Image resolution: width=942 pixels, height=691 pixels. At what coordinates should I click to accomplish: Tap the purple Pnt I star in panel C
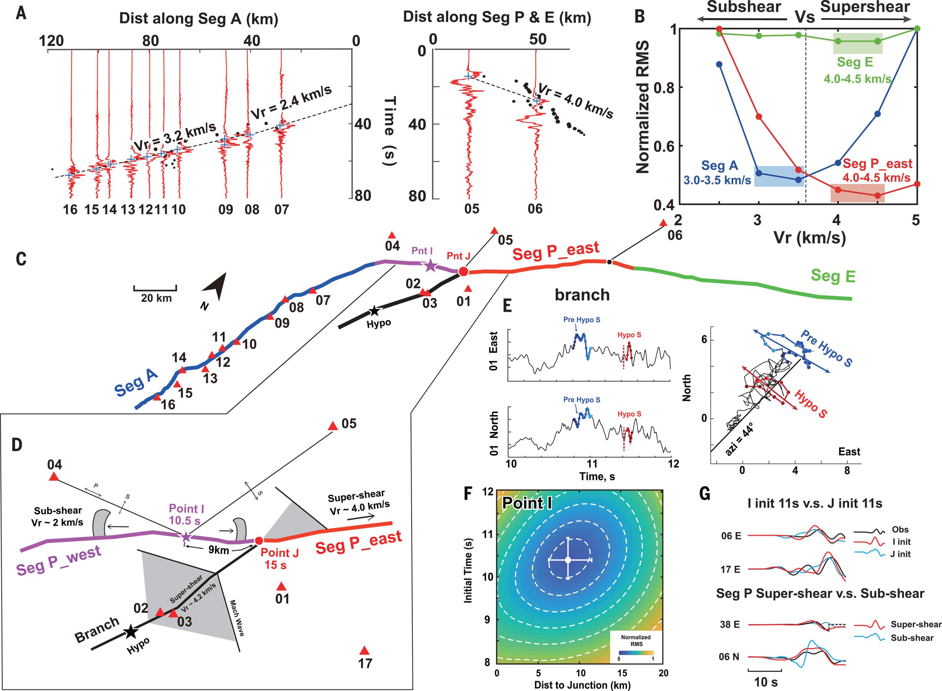point(430,266)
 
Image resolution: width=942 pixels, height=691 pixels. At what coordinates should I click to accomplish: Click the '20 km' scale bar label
point(156,298)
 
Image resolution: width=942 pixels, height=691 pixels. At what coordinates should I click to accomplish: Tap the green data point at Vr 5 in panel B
point(917,29)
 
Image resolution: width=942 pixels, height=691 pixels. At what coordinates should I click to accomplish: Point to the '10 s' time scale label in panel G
point(766,682)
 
